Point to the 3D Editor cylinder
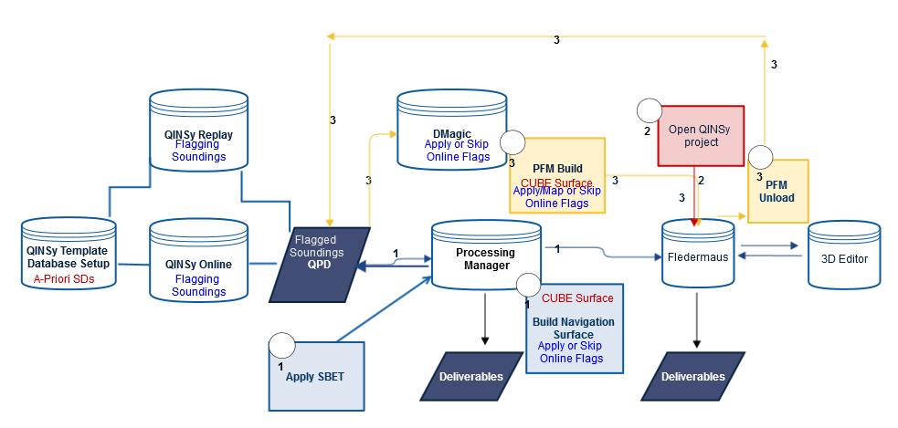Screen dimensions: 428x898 (843, 256)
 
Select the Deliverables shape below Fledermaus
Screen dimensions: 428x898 (692, 376)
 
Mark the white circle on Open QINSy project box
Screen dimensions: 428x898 (649, 111)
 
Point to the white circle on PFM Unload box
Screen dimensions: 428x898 (762, 157)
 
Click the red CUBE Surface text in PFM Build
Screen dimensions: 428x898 (556, 183)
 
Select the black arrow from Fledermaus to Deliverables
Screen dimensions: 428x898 (697, 319)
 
